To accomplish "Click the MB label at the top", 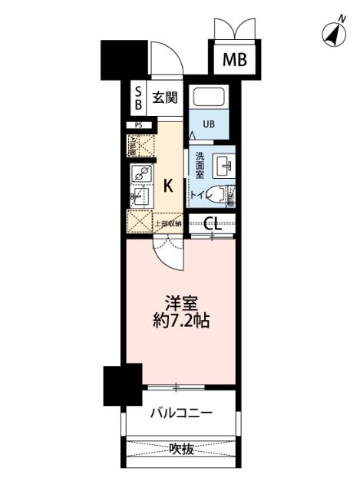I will click(235, 59).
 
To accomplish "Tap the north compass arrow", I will click(332, 34).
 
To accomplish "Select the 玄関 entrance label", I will click(164, 97).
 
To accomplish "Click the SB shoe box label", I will click(139, 96).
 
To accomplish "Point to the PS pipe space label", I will click(139, 124).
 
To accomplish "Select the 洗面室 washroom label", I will click(200, 165).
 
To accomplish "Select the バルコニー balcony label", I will click(181, 414).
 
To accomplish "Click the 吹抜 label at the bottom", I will click(180, 449).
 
